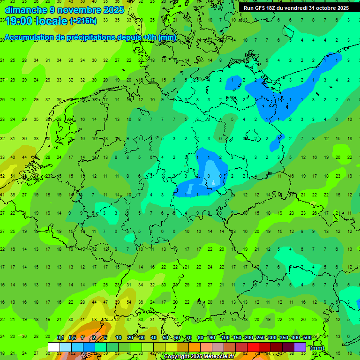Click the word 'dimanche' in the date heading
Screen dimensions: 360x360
25,10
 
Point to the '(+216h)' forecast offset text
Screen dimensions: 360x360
83,21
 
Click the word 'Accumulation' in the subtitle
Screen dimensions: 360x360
30,37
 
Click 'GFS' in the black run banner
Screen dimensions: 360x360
262,8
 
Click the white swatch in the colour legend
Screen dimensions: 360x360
54,347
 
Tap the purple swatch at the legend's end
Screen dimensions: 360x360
300,347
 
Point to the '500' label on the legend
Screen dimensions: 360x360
307,337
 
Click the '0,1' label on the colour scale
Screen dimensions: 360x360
60,337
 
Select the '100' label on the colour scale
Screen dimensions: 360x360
225,337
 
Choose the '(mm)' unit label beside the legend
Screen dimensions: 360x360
317,348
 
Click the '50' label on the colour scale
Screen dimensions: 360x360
165,337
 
